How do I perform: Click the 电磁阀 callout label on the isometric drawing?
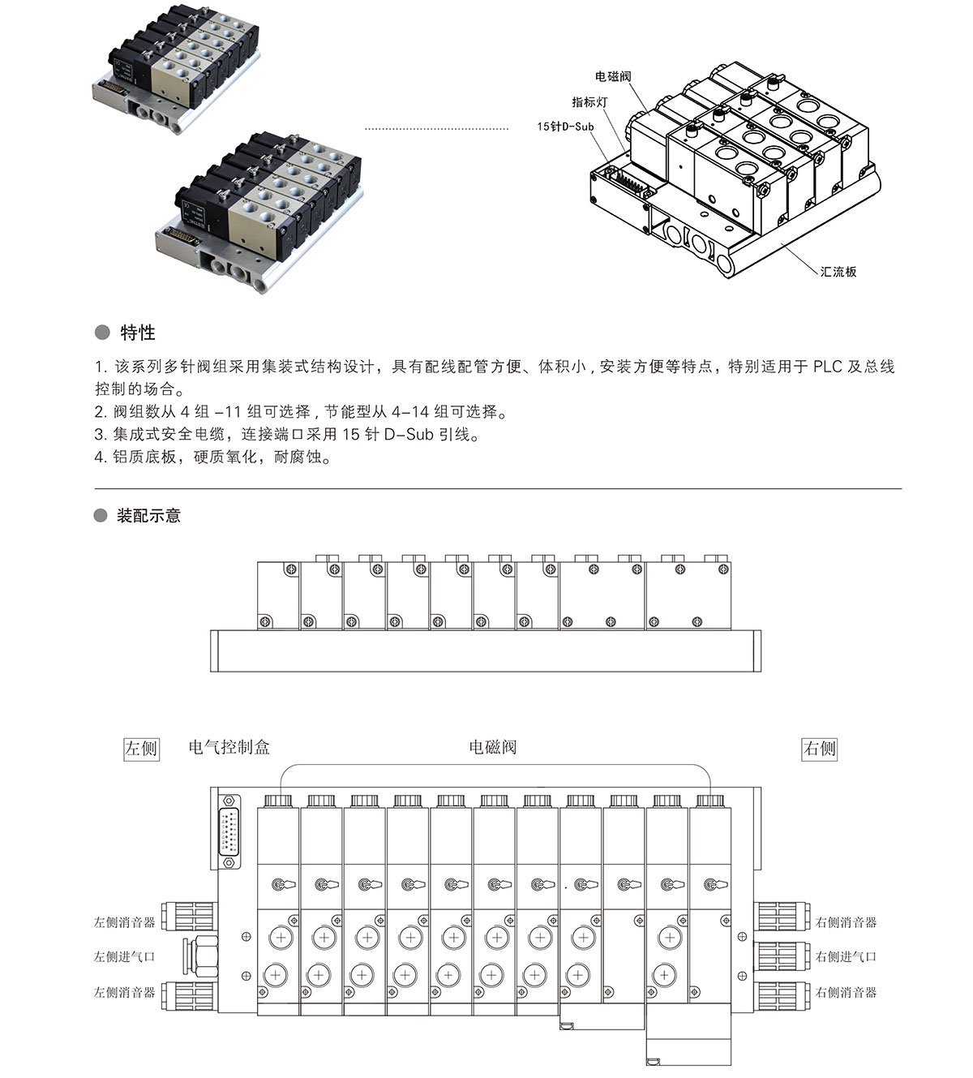[613, 76]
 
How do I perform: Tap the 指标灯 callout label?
[589, 101]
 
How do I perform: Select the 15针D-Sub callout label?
[565, 127]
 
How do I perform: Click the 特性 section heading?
[137, 333]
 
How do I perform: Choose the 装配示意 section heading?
[148, 516]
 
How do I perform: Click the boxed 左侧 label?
[141, 748]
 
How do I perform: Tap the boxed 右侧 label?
[819, 748]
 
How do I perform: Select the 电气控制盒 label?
[229, 747]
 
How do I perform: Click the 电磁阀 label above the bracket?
[493, 747]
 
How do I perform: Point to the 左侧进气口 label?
[124, 957]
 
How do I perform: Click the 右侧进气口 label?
[846, 957]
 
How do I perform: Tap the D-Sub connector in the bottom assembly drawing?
[229, 831]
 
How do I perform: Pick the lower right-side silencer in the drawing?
[782, 992]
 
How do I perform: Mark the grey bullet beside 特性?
[101, 333]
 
